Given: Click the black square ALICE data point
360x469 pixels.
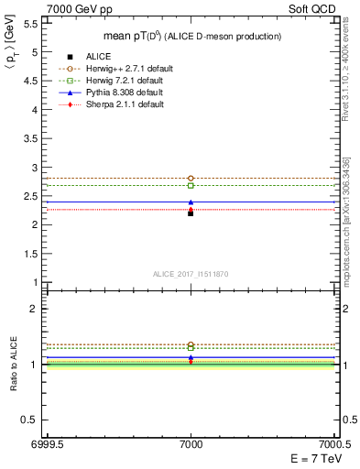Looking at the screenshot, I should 191,213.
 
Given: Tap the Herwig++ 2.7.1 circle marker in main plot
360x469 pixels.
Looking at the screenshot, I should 191,178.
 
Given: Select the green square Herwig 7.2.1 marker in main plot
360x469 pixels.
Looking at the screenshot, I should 191,185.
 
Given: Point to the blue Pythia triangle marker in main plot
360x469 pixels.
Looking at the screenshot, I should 191,202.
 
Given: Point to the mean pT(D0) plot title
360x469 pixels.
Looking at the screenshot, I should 191,36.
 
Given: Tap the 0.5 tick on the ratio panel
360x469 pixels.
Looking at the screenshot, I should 32,420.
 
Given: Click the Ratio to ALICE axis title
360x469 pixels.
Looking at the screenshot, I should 16,364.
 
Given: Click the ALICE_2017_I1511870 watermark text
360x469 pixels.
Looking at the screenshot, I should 191,274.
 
